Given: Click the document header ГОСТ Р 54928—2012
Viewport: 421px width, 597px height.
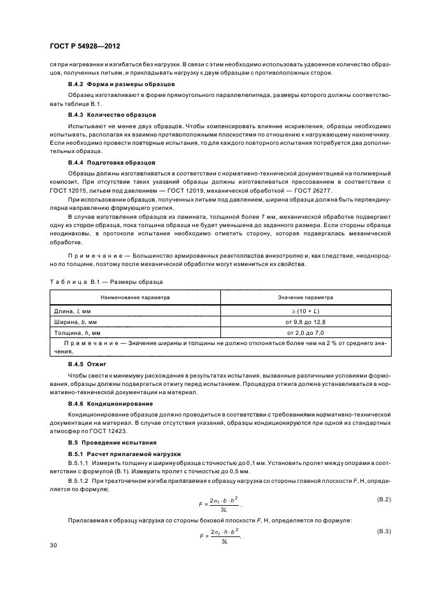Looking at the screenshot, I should [85, 47].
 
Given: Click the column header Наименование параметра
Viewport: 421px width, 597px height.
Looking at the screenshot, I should [134, 297].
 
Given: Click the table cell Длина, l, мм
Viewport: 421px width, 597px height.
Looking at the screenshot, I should [73, 310].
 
